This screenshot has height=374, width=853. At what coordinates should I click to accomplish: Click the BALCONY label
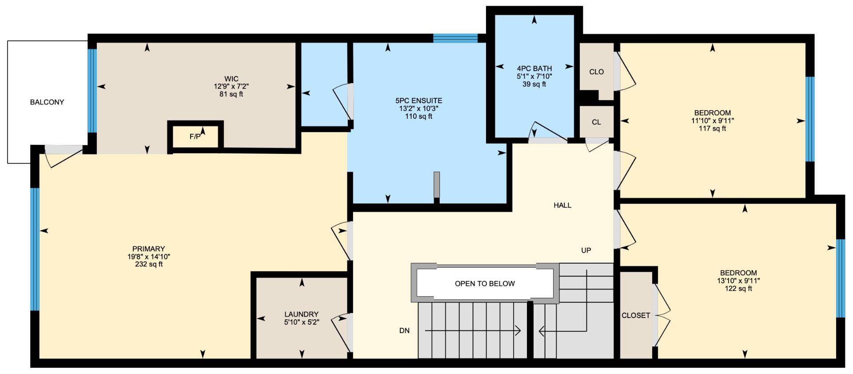(x=47, y=102)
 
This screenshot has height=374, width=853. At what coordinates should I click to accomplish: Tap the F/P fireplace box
(x=195, y=137)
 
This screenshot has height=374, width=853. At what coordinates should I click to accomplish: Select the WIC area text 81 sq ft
(x=231, y=94)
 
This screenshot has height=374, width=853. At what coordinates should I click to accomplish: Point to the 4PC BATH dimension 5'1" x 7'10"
(x=534, y=76)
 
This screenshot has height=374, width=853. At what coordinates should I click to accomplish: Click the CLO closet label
(x=596, y=72)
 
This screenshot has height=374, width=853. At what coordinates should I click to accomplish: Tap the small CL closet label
(x=596, y=122)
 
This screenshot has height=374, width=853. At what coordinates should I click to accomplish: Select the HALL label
(x=562, y=205)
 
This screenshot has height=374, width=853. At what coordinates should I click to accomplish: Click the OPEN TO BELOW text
(x=485, y=284)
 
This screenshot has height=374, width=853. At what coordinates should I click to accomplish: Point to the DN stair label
(x=404, y=331)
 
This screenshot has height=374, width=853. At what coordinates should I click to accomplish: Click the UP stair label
(x=586, y=250)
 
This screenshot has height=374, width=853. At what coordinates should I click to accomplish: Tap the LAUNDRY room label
(x=301, y=314)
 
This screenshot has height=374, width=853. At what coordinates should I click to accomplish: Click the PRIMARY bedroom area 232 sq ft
(x=148, y=265)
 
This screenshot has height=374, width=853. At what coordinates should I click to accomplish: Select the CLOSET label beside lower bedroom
(x=636, y=316)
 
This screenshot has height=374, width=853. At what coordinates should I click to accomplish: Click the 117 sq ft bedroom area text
(x=712, y=129)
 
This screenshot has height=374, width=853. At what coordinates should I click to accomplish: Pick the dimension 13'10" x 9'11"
(x=738, y=281)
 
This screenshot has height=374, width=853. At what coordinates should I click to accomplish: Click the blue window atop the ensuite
(x=455, y=38)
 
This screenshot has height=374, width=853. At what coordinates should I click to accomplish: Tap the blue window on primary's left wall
(x=35, y=249)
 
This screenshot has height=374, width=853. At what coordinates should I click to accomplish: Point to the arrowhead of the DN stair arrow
(x=518, y=330)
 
